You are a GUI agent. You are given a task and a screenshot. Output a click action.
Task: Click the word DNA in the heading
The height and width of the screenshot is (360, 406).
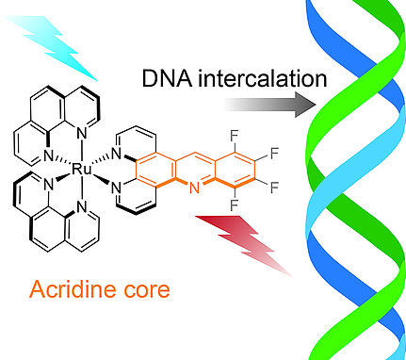pyautogui.click(x=161, y=79)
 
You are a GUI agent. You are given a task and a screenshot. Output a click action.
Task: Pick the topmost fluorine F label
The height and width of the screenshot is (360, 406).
pyautogui.click(x=232, y=135)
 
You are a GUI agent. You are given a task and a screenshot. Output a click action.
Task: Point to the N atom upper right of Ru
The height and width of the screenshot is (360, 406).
pyautogui.click(x=115, y=155)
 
